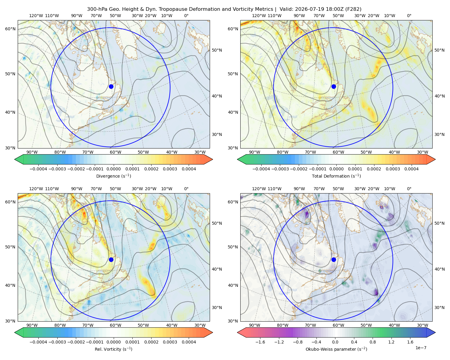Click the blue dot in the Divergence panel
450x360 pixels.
pos(111,86)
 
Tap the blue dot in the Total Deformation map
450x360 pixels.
pos(334,86)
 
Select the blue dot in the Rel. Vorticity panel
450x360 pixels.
pos(111,259)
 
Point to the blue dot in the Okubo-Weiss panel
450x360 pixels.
pos(334,259)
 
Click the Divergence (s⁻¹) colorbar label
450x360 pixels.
pos(113,176)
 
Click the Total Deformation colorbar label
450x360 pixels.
pos(336,176)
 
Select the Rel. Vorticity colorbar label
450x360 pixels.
pos(113,349)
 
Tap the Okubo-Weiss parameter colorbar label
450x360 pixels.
pos(336,349)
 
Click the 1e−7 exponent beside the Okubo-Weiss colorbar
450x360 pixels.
pos(421,348)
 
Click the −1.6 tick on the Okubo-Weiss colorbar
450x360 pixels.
pos(260,342)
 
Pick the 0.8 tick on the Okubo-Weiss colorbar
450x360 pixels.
pos(373,342)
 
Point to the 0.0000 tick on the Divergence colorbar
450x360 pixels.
pos(113,169)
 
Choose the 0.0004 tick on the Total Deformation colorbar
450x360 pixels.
pos(411,169)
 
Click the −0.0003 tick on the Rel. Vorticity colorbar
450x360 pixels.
pos(57,342)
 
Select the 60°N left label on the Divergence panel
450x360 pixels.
pos(10,29)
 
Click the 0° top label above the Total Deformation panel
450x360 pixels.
pos(409,16)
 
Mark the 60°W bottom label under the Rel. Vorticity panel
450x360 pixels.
pos(115,325)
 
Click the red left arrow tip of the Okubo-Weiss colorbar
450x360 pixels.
pos(238,332)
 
